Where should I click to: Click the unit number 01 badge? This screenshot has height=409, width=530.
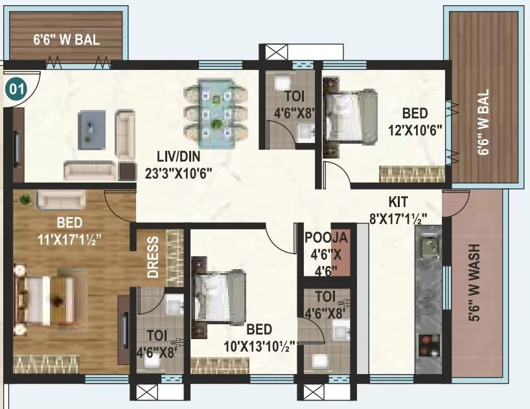click(16, 89)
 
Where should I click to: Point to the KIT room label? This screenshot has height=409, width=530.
click(398, 201)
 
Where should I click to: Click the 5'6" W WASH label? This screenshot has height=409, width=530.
click(475, 282)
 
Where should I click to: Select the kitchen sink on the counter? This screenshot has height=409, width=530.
click(429, 247)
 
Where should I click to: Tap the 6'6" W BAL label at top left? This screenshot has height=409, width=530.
click(67, 39)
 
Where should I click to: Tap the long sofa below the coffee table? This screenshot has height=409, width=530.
click(91, 170)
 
